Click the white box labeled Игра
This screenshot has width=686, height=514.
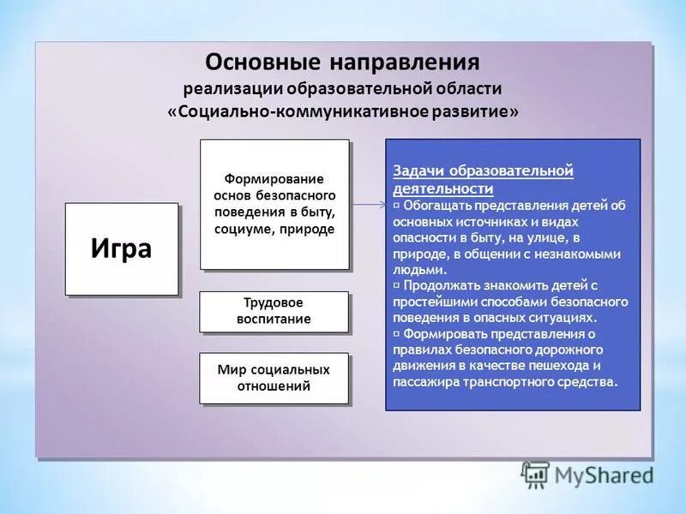tap(121, 249)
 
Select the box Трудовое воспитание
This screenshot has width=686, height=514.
tap(274, 312)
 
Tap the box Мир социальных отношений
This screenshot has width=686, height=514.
tap(274, 378)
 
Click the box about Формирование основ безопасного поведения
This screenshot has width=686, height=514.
tap(274, 204)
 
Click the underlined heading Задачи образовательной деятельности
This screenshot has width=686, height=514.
tap(483, 179)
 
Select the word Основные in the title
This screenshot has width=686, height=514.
tap(259, 63)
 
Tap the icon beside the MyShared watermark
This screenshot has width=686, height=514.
tap(535, 474)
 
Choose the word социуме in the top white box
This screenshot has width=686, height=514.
tap(249, 230)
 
